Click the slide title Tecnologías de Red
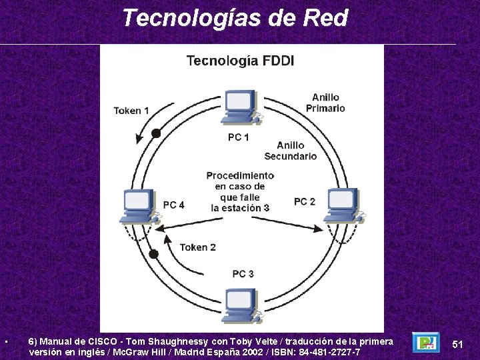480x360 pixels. point(235,18)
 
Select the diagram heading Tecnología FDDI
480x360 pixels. point(240,61)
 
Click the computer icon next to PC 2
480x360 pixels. point(341,205)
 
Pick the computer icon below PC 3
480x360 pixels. point(241,307)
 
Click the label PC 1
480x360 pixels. point(239,137)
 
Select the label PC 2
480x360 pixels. point(305,201)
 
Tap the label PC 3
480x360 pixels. point(243,274)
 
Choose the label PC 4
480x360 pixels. point(173,205)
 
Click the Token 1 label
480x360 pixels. point(131,111)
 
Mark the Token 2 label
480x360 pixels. point(197,247)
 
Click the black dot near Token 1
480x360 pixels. point(156,133)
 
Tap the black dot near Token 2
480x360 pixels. point(153,254)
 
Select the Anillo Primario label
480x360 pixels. point(325,103)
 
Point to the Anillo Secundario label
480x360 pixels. point(291,151)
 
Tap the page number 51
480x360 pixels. point(457,344)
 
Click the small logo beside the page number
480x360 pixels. point(425,343)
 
